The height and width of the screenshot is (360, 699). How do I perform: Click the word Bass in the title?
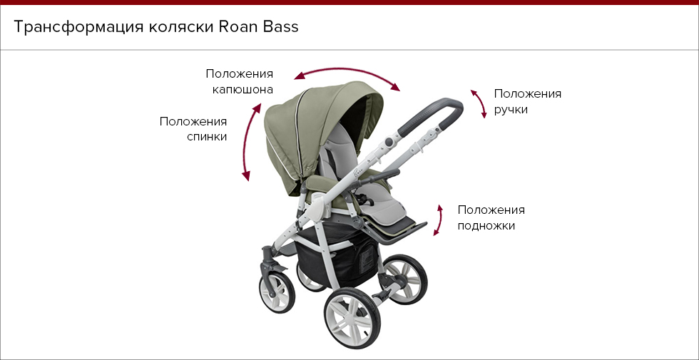coord(280,27)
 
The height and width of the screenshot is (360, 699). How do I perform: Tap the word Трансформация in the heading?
coord(78,28)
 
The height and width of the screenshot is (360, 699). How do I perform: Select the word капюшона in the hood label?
coord(243,90)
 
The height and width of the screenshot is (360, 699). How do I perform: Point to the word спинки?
coord(207,137)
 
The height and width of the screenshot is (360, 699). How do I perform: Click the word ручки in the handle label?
coord(511,110)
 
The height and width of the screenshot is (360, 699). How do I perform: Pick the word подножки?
coord(486,226)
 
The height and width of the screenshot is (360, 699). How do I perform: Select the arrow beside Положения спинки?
coord(250,142)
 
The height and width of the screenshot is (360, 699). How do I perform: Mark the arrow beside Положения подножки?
coord(439,220)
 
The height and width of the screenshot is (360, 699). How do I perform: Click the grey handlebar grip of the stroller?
coord(431,117)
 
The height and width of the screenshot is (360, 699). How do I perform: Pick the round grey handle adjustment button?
coord(389,142)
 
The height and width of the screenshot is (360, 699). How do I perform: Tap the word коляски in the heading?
coord(181,28)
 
